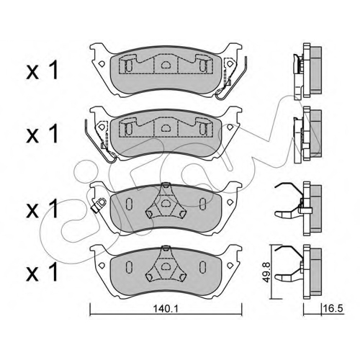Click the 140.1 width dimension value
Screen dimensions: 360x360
click(166, 309)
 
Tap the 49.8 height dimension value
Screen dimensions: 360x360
click(267, 272)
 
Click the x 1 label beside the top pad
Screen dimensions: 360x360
click(42, 70)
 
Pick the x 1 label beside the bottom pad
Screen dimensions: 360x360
click(42, 271)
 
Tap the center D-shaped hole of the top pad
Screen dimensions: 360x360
click(165, 64)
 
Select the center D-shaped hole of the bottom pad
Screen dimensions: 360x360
click(165, 266)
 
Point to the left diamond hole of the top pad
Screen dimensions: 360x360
click(102, 64)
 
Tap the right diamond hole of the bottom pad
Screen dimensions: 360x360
click(230, 265)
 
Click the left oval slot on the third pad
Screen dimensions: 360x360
click(128, 202)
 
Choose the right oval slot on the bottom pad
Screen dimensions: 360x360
click(203, 265)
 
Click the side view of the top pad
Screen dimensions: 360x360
click(307, 71)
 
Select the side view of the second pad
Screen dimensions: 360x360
click(307, 135)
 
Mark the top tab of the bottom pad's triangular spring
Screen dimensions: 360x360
click(165, 248)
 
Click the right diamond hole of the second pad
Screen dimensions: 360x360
click(230, 127)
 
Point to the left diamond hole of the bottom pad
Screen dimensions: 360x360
click(102, 265)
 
